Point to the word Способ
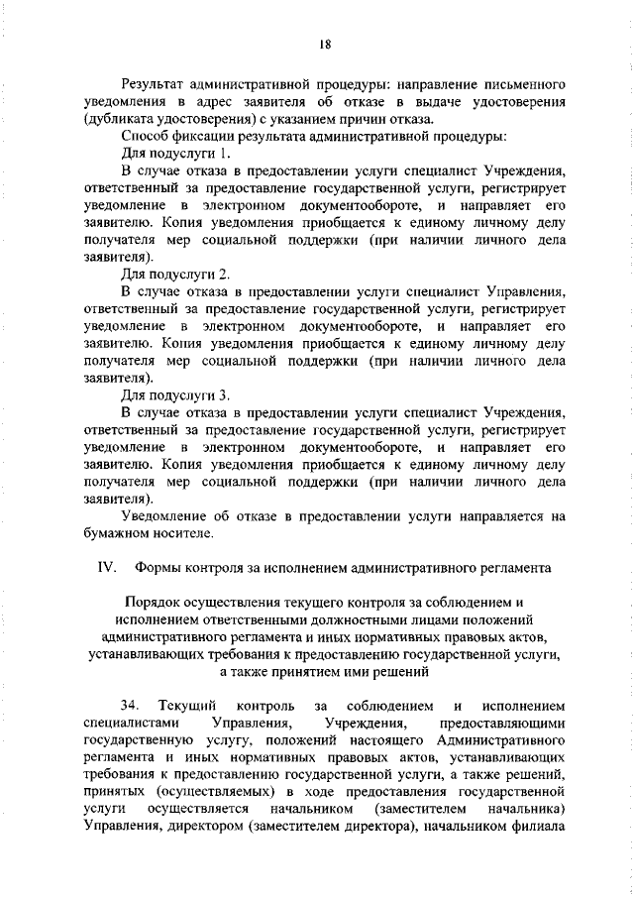(145, 135)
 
